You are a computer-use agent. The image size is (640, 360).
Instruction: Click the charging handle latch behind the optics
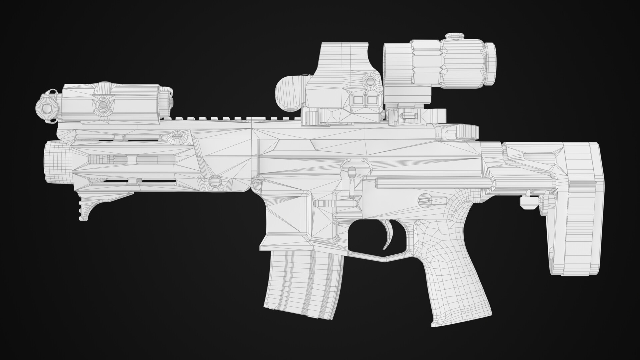coord(467,131)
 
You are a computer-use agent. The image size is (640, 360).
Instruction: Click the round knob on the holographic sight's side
coord(370,81)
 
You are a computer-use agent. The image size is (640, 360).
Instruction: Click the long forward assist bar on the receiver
coord(433,182)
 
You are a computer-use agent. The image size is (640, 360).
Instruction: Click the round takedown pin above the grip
coord(425,197)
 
